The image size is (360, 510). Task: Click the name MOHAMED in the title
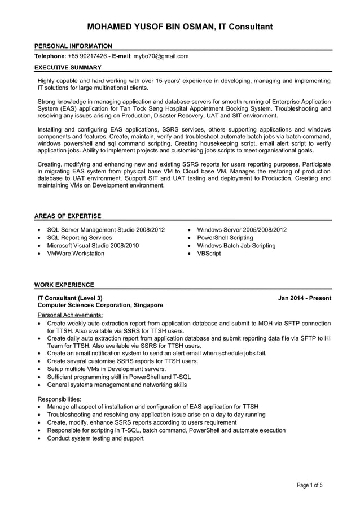[111, 27]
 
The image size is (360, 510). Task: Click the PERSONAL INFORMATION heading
[73, 46]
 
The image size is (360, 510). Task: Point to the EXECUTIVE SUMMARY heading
[70, 67]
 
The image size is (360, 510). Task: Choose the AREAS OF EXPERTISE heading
[68, 216]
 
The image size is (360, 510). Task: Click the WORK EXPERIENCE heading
[64, 285]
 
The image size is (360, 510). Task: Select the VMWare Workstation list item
[76, 254]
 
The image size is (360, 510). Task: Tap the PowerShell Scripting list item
[225, 238]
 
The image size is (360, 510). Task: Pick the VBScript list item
[209, 254]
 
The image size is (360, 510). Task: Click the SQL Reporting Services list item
[80, 238]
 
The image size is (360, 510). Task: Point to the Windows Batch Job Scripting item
[236, 246]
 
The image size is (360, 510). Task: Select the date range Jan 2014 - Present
[304, 298]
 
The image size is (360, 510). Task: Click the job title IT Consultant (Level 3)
[70, 298]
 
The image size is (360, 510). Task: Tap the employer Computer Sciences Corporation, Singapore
[100, 305]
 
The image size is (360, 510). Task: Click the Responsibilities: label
[59, 398]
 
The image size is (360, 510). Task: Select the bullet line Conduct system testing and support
[95, 438]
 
